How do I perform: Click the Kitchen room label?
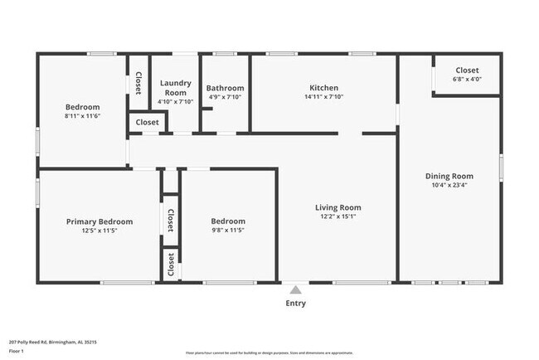(x=323, y=87)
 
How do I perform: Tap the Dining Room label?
(x=449, y=176)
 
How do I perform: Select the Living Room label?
(x=337, y=207)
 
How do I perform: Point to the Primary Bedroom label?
(x=100, y=221)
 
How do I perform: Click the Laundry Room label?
(x=175, y=87)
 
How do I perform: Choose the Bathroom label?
(x=225, y=88)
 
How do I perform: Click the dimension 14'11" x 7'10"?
(x=323, y=96)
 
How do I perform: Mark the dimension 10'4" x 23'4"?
(x=449, y=186)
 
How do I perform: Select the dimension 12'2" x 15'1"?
(x=337, y=216)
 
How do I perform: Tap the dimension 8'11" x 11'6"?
(x=83, y=116)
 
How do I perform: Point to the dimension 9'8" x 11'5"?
(x=228, y=231)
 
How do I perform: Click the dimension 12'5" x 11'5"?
(x=100, y=231)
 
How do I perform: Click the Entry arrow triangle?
(x=295, y=289)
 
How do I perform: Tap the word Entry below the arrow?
(x=295, y=303)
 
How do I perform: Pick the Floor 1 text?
(x=17, y=351)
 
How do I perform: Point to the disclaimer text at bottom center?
(x=269, y=352)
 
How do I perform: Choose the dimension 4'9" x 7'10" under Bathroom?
(x=225, y=97)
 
